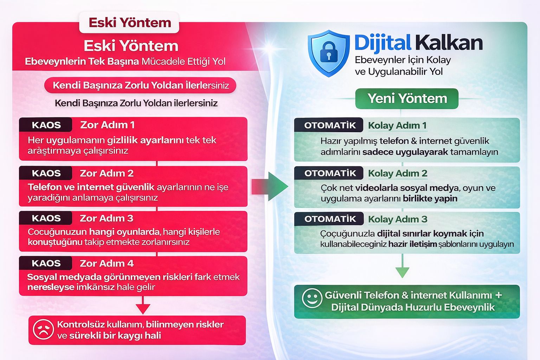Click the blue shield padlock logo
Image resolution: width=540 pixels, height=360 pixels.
point(328,53)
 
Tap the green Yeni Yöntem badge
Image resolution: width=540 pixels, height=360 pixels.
point(407,98)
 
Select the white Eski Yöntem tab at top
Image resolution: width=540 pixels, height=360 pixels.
point(129,22)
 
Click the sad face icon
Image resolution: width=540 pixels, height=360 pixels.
point(43,329)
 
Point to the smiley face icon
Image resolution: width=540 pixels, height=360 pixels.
point(312,298)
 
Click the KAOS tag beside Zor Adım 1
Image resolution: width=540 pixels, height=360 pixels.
point(46,125)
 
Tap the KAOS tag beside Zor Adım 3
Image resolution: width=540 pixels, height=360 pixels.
point(46,218)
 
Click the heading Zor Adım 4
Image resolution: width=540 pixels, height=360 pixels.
point(107,263)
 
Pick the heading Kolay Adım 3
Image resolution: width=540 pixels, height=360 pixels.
point(398,219)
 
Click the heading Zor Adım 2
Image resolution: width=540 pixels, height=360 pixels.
point(107,173)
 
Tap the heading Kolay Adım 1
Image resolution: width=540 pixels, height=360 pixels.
point(397,126)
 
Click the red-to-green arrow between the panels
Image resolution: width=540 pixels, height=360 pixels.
point(270,186)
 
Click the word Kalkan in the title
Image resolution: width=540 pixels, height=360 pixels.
point(449,43)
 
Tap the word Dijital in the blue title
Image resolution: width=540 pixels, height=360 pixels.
point(382,43)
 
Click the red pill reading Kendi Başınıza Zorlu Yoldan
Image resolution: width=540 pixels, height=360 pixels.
point(140,85)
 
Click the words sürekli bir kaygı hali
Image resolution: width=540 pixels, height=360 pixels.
point(115,335)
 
